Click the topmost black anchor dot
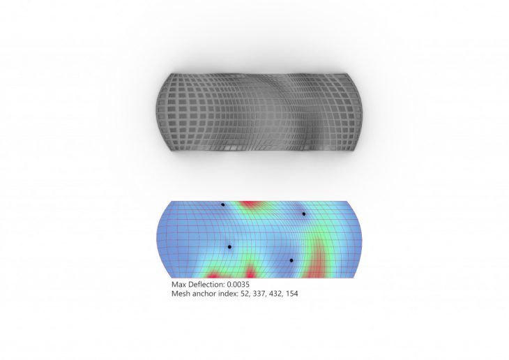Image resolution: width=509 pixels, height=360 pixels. (x=222, y=204)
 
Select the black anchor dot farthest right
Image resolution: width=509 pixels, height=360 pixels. (x=304, y=213)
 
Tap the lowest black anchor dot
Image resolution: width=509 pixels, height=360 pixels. (x=291, y=260)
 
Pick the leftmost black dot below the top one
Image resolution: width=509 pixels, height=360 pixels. (x=229, y=247)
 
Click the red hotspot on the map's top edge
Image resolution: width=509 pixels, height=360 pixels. (x=248, y=204)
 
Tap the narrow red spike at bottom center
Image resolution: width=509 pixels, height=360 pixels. (x=250, y=272)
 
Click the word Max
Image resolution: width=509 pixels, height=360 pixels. (x=179, y=284)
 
